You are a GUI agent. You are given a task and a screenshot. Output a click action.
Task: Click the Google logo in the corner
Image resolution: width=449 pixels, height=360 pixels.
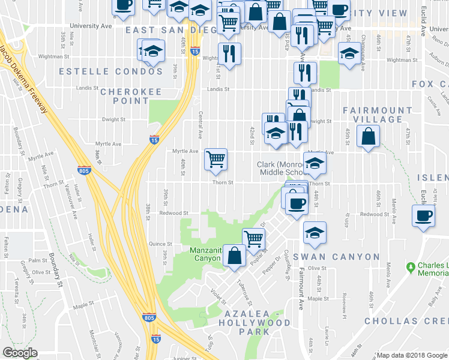pos(20,353)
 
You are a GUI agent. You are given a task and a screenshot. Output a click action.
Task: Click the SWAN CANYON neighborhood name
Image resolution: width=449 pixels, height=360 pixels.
pos(336,257)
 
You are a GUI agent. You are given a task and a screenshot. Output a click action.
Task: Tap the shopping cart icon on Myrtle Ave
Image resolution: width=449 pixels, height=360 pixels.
pos(215,159)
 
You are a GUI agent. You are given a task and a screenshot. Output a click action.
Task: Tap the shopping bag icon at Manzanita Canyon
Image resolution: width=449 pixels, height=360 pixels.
pos(234,256)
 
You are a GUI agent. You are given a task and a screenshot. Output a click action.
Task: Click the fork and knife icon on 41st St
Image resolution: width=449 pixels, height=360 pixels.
pos(229,54)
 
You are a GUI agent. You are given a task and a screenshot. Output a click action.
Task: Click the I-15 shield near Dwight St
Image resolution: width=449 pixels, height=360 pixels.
pos(155,140)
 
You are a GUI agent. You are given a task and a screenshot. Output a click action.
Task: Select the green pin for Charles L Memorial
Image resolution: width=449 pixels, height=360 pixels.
pos(411,266)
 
